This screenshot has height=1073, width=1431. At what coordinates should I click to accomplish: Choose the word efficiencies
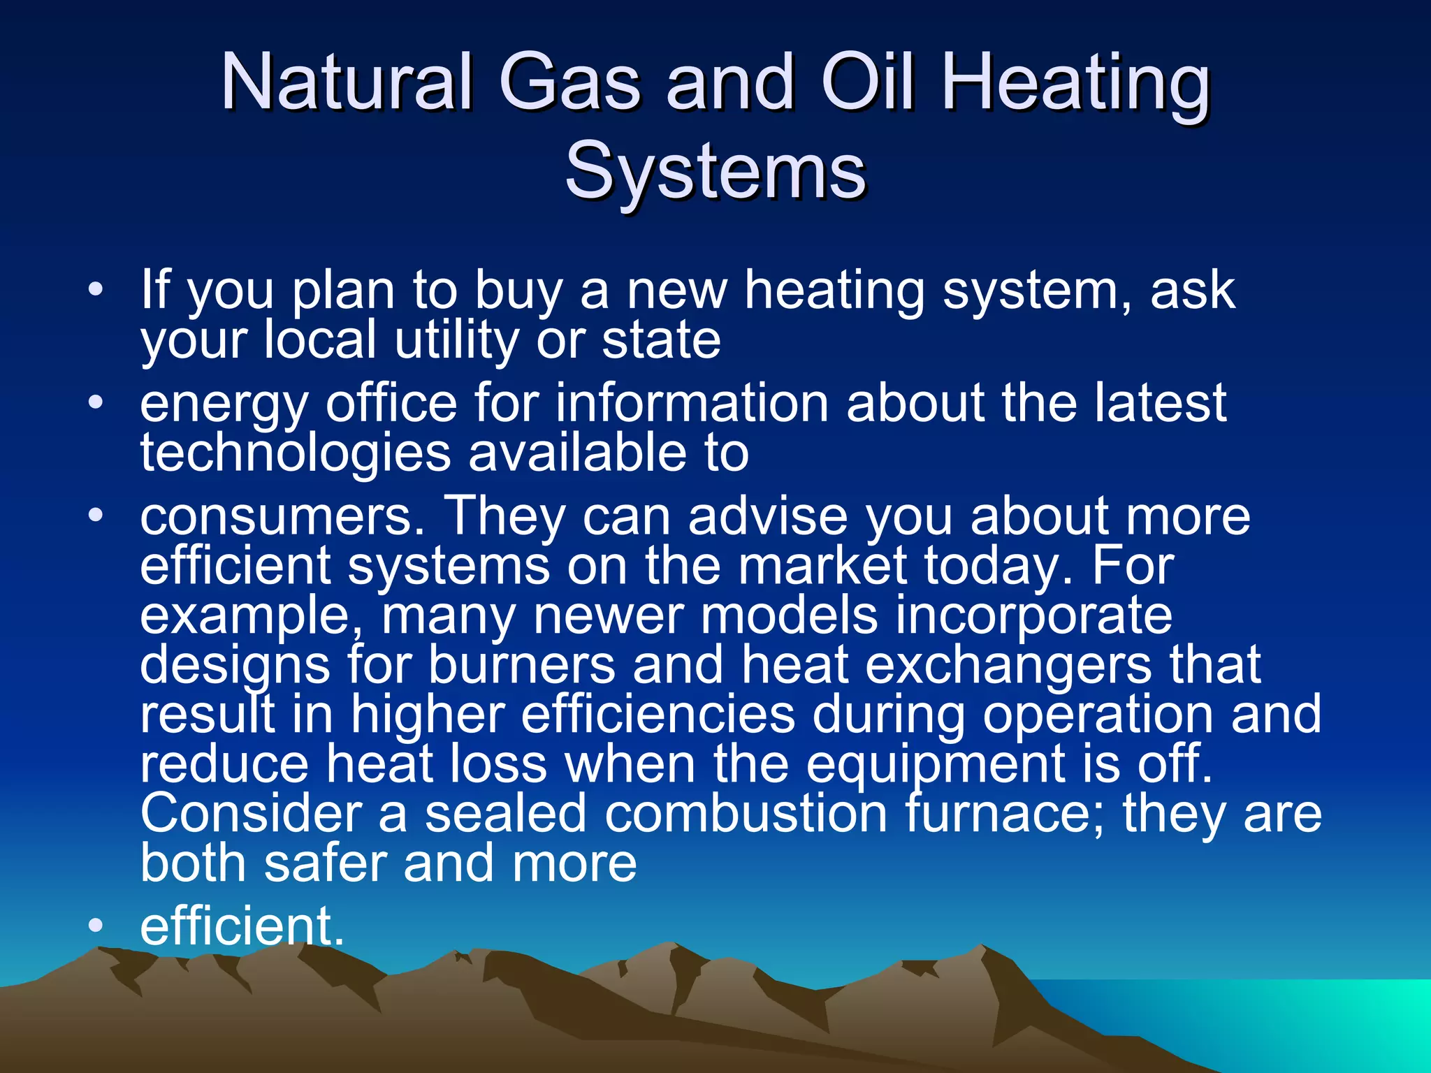658,715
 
